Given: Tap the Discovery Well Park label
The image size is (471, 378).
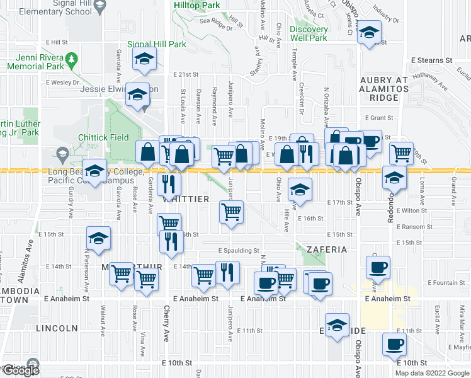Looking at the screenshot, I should [309, 33].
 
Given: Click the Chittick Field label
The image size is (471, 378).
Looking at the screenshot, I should [104, 137].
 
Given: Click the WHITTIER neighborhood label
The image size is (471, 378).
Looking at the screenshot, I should [186, 199].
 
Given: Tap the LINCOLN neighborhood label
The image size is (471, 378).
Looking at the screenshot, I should [57, 328].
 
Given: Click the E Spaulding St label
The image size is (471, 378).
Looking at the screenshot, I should [239, 250].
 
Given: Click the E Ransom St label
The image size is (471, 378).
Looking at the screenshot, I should [412, 227].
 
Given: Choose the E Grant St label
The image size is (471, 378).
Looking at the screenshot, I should [379, 118].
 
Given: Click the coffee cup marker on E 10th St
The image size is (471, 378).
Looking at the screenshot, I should [395, 344].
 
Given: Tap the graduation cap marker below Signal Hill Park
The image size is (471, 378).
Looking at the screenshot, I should [145, 60].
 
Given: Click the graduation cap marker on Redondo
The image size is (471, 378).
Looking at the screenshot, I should [395, 179].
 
